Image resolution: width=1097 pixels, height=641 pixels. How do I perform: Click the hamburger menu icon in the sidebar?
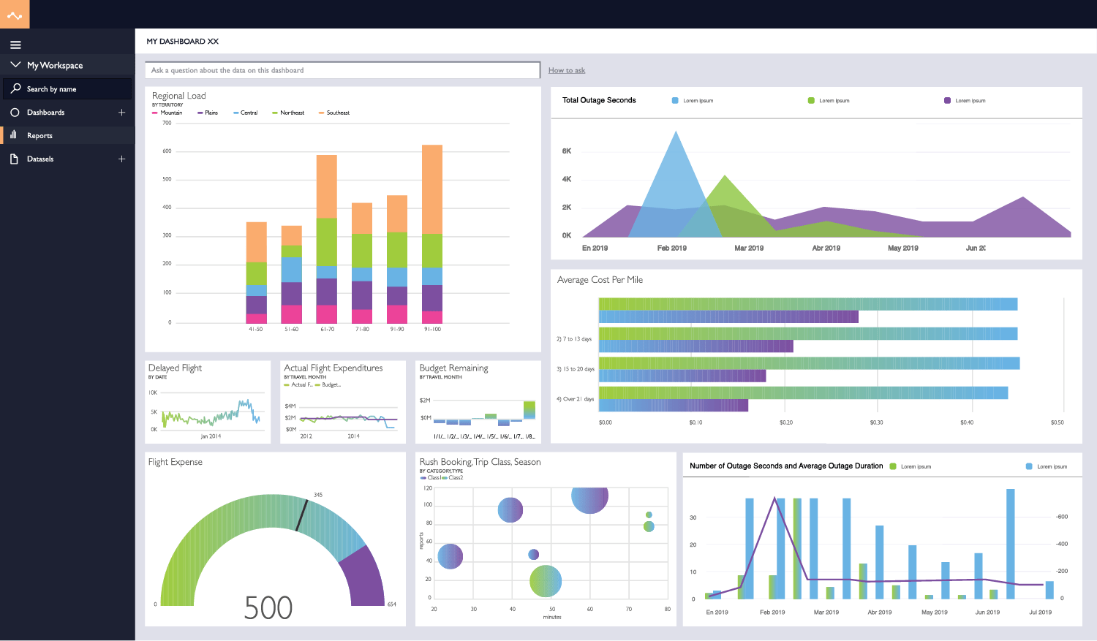[15, 45]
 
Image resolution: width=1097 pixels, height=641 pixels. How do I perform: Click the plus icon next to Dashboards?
[121, 113]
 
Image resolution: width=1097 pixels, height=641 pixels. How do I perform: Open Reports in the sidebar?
[39, 136]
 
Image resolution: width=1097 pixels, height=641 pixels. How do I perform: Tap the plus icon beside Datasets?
[121, 159]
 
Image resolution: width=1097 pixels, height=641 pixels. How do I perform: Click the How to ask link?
[567, 71]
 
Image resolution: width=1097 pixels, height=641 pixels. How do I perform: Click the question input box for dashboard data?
[342, 71]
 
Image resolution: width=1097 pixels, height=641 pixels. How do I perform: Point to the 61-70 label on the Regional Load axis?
[327, 330]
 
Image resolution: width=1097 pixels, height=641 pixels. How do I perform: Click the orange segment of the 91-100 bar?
[432, 189]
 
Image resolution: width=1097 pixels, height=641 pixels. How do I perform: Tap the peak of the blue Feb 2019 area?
[676, 134]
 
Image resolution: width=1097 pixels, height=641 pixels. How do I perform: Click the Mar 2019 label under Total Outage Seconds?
[749, 249]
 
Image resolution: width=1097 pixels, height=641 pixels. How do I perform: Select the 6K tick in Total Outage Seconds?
[567, 151]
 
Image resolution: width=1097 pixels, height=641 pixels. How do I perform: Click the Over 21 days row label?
[576, 399]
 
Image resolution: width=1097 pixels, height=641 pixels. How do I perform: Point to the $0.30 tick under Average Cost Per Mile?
[876, 422]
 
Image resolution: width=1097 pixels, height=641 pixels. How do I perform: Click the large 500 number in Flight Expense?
[268, 608]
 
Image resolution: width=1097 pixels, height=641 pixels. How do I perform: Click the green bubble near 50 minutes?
[546, 581]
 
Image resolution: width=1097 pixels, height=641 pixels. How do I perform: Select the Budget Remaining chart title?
[453, 368]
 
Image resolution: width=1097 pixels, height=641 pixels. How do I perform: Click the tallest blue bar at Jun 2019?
[1011, 544]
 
